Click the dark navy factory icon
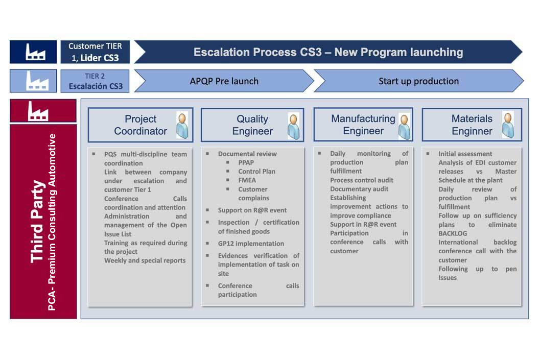point(35,52)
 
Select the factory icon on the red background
point(38,111)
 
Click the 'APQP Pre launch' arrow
point(224,81)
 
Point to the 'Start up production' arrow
point(419,81)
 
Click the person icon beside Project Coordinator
point(182,125)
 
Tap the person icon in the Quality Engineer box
point(293,126)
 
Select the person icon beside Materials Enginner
point(508,125)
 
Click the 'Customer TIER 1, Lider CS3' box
point(95,52)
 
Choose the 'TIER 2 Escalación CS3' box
point(95,81)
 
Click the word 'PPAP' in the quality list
point(246,162)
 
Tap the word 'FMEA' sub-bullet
point(247,180)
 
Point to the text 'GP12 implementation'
point(251,244)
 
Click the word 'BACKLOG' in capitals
point(453,233)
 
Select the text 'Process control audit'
point(362,180)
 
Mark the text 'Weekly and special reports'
point(145,260)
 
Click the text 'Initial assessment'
point(465,154)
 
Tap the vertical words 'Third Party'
point(37,222)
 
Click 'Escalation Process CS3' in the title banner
point(257,52)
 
